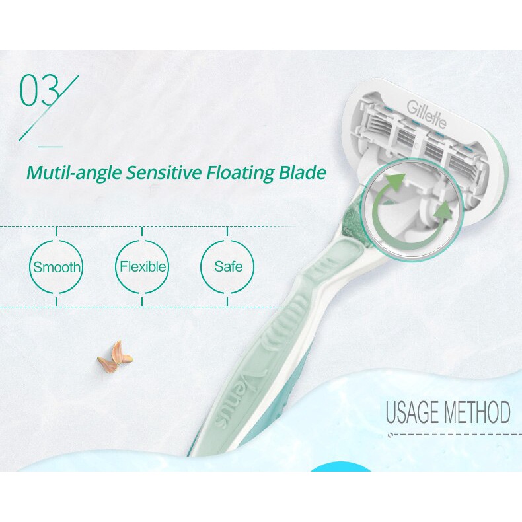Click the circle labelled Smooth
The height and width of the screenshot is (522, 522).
(x=57, y=267)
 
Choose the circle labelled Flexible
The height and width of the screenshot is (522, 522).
(x=142, y=267)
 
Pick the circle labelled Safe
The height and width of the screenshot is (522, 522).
(x=228, y=267)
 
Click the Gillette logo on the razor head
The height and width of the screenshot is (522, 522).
(x=427, y=114)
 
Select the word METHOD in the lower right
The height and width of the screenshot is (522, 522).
(x=476, y=412)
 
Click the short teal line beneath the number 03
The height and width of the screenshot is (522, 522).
(x=50, y=146)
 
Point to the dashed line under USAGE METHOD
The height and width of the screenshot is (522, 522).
(x=456, y=434)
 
